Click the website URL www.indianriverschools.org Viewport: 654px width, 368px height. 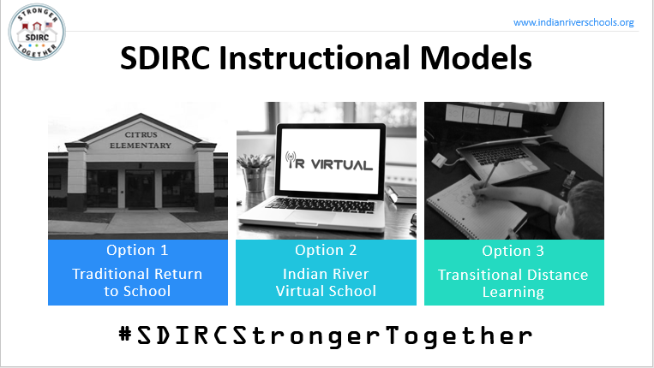click(x=573, y=22)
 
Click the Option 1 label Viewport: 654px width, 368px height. click(x=137, y=251)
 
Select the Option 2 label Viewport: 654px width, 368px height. click(x=326, y=251)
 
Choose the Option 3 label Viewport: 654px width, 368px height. click(x=513, y=252)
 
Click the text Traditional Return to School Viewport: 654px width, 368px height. click(x=137, y=282)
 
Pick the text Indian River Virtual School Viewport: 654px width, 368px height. click(x=326, y=282)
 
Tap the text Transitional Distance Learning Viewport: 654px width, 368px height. click(x=513, y=283)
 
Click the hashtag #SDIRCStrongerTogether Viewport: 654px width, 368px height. click(x=325, y=335)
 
